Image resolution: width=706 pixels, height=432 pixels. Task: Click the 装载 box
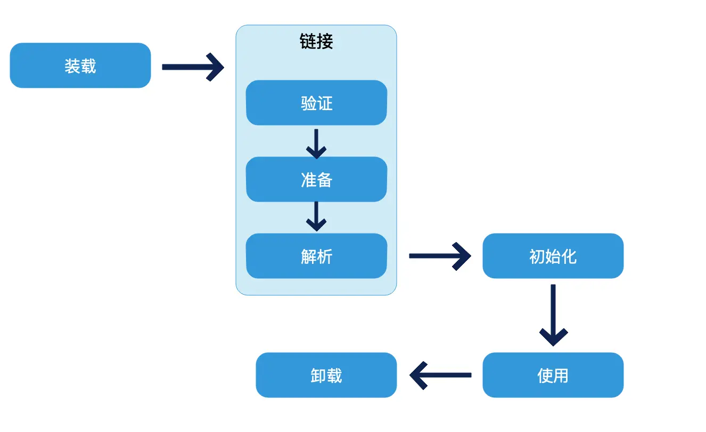pyautogui.click(x=80, y=65)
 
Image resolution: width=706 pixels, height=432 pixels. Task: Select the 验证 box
pyautogui.click(x=316, y=103)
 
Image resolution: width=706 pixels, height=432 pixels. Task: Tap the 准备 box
pyautogui.click(x=316, y=179)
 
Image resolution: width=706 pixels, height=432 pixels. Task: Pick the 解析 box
pyautogui.click(x=316, y=256)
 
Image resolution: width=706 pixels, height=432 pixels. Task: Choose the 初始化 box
pyautogui.click(x=553, y=256)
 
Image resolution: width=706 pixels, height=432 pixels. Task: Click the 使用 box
pyautogui.click(x=553, y=375)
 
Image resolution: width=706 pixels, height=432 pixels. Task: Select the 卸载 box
pyautogui.click(x=326, y=375)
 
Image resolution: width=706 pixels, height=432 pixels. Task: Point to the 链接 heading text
pyautogui.click(x=316, y=41)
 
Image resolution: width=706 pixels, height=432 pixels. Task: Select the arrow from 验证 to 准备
pyautogui.click(x=316, y=143)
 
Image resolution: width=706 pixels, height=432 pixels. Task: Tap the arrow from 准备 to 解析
pyautogui.click(x=316, y=216)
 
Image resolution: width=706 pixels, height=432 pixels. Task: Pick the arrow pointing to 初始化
pyautogui.click(x=440, y=256)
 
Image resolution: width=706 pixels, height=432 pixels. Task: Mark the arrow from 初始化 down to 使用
pyautogui.click(x=553, y=315)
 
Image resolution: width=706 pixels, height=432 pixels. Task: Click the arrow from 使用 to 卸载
pyautogui.click(x=440, y=375)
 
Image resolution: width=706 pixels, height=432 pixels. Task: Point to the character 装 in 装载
pyautogui.click(x=72, y=66)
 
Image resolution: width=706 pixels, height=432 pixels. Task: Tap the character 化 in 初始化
pyautogui.click(x=569, y=256)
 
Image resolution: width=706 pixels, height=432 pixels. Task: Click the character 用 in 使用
pyautogui.click(x=561, y=376)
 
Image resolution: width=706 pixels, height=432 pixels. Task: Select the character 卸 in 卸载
pyautogui.click(x=318, y=376)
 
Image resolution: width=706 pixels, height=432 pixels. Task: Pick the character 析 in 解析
pyautogui.click(x=324, y=256)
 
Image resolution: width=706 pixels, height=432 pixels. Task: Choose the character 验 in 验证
pyautogui.click(x=308, y=103)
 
